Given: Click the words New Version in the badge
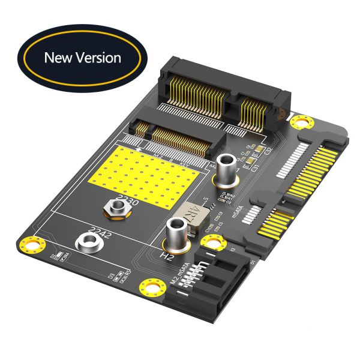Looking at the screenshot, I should (82, 58).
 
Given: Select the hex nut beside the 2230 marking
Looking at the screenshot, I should (116, 208).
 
